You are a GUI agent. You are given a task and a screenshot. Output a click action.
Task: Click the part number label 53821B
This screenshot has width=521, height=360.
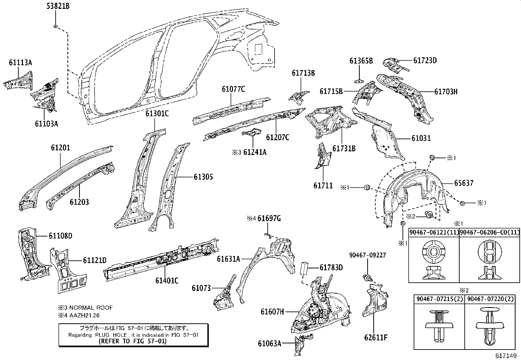click(x=58, y=6)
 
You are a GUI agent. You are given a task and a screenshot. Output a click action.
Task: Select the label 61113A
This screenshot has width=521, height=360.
click(x=20, y=63)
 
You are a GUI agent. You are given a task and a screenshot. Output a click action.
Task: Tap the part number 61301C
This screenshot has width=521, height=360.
click(x=157, y=114)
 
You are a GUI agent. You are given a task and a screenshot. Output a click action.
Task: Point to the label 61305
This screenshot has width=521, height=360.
click(x=203, y=177)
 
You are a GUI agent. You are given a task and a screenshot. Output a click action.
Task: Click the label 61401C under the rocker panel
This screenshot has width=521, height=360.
click(x=167, y=280)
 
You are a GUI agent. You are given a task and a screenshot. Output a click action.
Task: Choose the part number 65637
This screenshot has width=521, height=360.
click(x=463, y=183)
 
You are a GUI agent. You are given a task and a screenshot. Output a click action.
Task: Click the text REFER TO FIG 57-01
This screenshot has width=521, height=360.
click(x=133, y=341)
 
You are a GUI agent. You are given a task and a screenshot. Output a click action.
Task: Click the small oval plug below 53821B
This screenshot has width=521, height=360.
click(x=56, y=26)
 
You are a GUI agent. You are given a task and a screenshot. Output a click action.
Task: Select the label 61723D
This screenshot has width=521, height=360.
click(x=425, y=60)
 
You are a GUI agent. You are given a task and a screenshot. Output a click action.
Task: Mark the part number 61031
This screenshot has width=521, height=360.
click(x=421, y=138)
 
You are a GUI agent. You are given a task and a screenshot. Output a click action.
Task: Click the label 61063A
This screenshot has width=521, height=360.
click(x=269, y=343)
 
